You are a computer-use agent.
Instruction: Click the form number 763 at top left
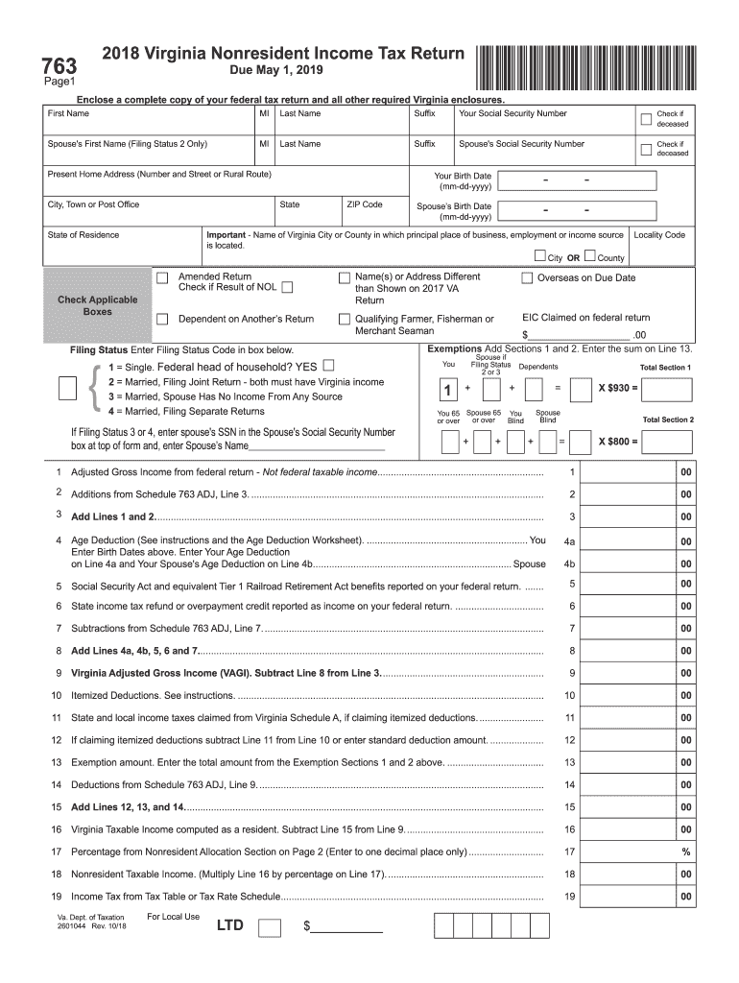click(x=57, y=66)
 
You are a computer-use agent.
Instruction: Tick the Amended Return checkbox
click(x=162, y=278)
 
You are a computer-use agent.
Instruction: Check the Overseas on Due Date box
click(x=527, y=278)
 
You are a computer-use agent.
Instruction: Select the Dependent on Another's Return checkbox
click(x=162, y=320)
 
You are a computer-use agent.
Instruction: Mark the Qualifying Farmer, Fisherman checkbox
click(x=344, y=320)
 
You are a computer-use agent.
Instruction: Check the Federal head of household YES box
click(x=329, y=366)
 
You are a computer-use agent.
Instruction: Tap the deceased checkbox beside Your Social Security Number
click(x=646, y=119)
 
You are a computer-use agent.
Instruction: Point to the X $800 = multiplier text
click(x=618, y=442)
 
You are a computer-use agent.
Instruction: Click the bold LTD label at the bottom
click(x=230, y=925)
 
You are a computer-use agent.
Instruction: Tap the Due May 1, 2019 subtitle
click(x=276, y=71)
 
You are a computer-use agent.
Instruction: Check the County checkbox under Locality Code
click(x=589, y=256)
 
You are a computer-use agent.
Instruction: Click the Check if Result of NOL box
click(x=287, y=287)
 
